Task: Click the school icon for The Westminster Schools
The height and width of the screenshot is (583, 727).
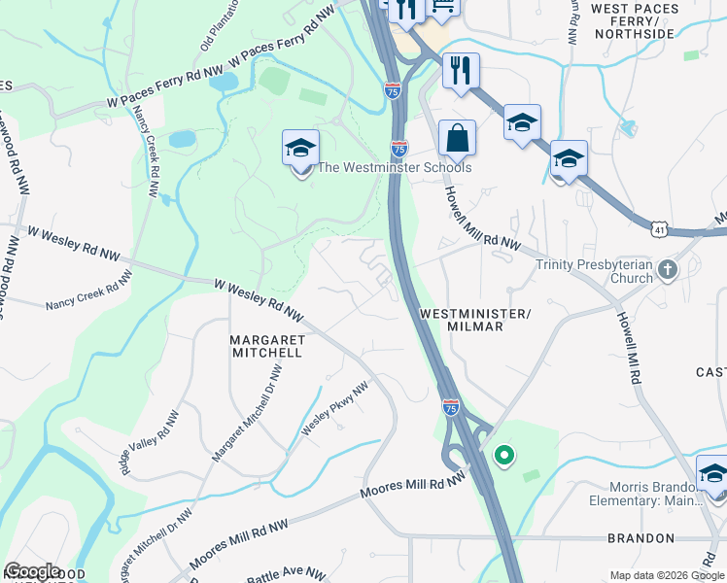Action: click(301, 150)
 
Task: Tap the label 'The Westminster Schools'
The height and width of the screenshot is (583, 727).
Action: click(395, 167)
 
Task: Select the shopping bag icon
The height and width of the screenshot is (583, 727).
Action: click(457, 138)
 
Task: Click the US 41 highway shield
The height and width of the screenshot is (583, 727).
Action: click(661, 227)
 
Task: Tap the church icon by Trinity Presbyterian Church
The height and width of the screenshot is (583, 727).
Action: click(667, 269)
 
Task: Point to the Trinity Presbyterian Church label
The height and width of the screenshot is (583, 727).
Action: click(594, 271)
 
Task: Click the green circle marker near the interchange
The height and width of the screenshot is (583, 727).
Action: click(503, 454)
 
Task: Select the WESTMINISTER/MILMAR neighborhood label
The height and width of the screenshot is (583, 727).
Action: click(475, 320)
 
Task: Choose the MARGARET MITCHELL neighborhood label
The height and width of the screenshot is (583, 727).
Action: click(267, 346)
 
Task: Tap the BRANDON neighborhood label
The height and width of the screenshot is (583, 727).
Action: click(640, 537)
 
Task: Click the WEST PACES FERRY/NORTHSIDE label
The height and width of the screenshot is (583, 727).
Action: click(633, 20)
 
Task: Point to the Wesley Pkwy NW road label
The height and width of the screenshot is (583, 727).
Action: click(334, 408)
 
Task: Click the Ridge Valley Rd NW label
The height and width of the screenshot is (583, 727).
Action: click(150, 440)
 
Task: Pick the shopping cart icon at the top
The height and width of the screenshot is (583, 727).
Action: click(443, 8)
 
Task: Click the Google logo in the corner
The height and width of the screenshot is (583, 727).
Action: click(32, 571)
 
